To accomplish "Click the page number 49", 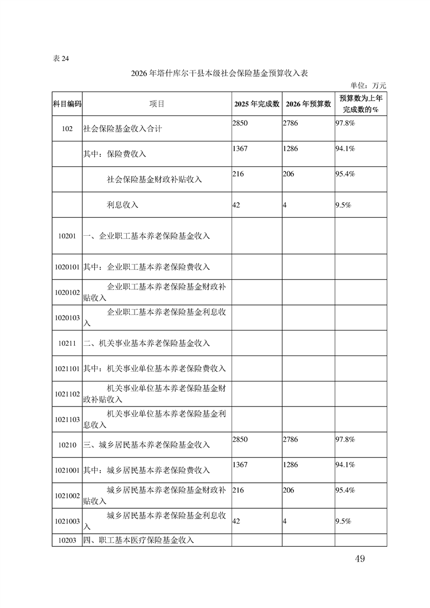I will coord(360,559).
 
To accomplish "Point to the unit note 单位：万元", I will coord(368,85).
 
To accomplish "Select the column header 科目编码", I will coord(67,104).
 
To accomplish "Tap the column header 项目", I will coord(157,104).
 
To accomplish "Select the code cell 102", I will coord(67,129).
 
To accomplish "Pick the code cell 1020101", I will coord(67,267).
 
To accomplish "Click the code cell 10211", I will coord(67,344).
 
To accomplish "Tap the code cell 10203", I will coord(67,540).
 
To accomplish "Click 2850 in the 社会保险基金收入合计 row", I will coord(240,124).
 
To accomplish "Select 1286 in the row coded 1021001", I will coord(291,465).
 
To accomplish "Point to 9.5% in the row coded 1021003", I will coord(344,521).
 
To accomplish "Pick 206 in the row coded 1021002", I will coord(289,490).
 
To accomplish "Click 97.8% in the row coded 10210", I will coord(346,439).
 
